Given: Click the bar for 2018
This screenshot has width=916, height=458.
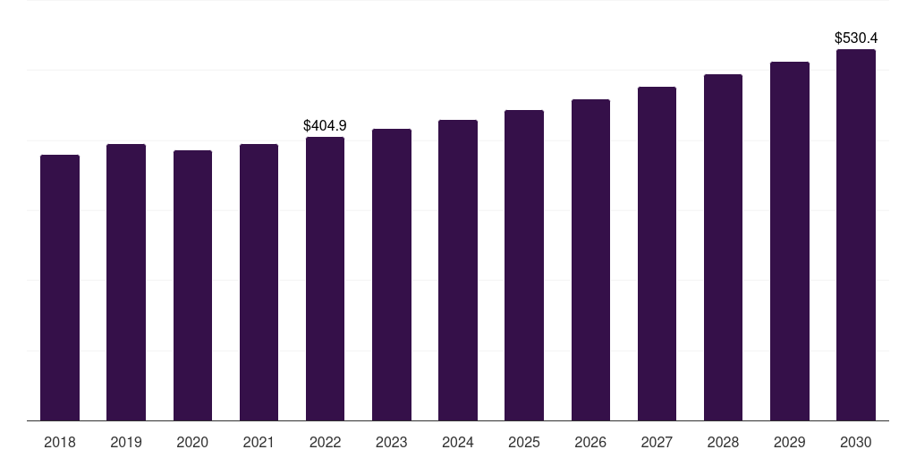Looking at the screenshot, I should (x=60, y=287).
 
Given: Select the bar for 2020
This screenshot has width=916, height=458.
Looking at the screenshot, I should (x=192, y=285).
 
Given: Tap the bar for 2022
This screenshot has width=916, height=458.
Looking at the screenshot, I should (x=325, y=278).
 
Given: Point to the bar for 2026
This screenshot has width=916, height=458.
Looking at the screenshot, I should (x=590, y=259).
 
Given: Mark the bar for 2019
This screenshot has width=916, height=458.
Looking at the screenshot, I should (x=126, y=282).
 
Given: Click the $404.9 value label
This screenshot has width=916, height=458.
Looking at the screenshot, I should (x=325, y=125).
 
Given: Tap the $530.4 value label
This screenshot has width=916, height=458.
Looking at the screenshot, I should (x=855, y=38).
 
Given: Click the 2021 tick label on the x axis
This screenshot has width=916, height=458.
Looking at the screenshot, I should (x=259, y=442).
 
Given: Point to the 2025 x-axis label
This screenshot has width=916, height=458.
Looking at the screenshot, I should (x=524, y=442).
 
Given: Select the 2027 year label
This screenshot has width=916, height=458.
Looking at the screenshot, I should (x=657, y=442).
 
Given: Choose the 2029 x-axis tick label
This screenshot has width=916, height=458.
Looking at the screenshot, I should (x=789, y=442).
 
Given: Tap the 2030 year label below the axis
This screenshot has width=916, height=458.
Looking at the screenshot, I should (x=855, y=442).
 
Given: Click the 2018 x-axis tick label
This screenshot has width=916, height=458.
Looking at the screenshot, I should (x=60, y=442).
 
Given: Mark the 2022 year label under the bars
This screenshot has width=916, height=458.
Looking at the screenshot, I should (x=325, y=442).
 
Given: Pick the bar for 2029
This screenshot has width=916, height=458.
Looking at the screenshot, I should (x=789, y=241).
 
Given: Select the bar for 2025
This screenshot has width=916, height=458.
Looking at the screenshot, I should (x=524, y=265).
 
